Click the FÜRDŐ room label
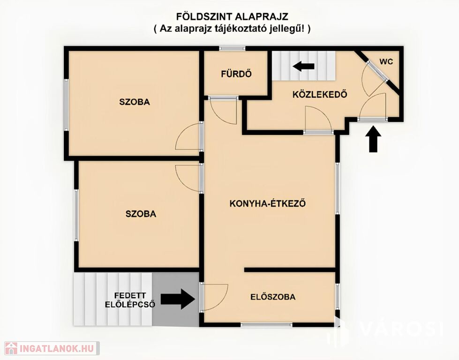(236, 74)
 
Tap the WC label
(386, 62)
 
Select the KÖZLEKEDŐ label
(320, 94)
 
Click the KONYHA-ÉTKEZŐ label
(268, 203)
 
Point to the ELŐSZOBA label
(273, 297)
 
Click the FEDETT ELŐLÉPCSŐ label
(130, 300)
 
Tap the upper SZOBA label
(135, 102)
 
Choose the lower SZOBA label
(141, 214)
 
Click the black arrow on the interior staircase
(303, 66)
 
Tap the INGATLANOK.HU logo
(52, 348)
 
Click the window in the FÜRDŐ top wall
(232, 48)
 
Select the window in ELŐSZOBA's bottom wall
(267, 324)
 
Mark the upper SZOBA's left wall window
(67, 105)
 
